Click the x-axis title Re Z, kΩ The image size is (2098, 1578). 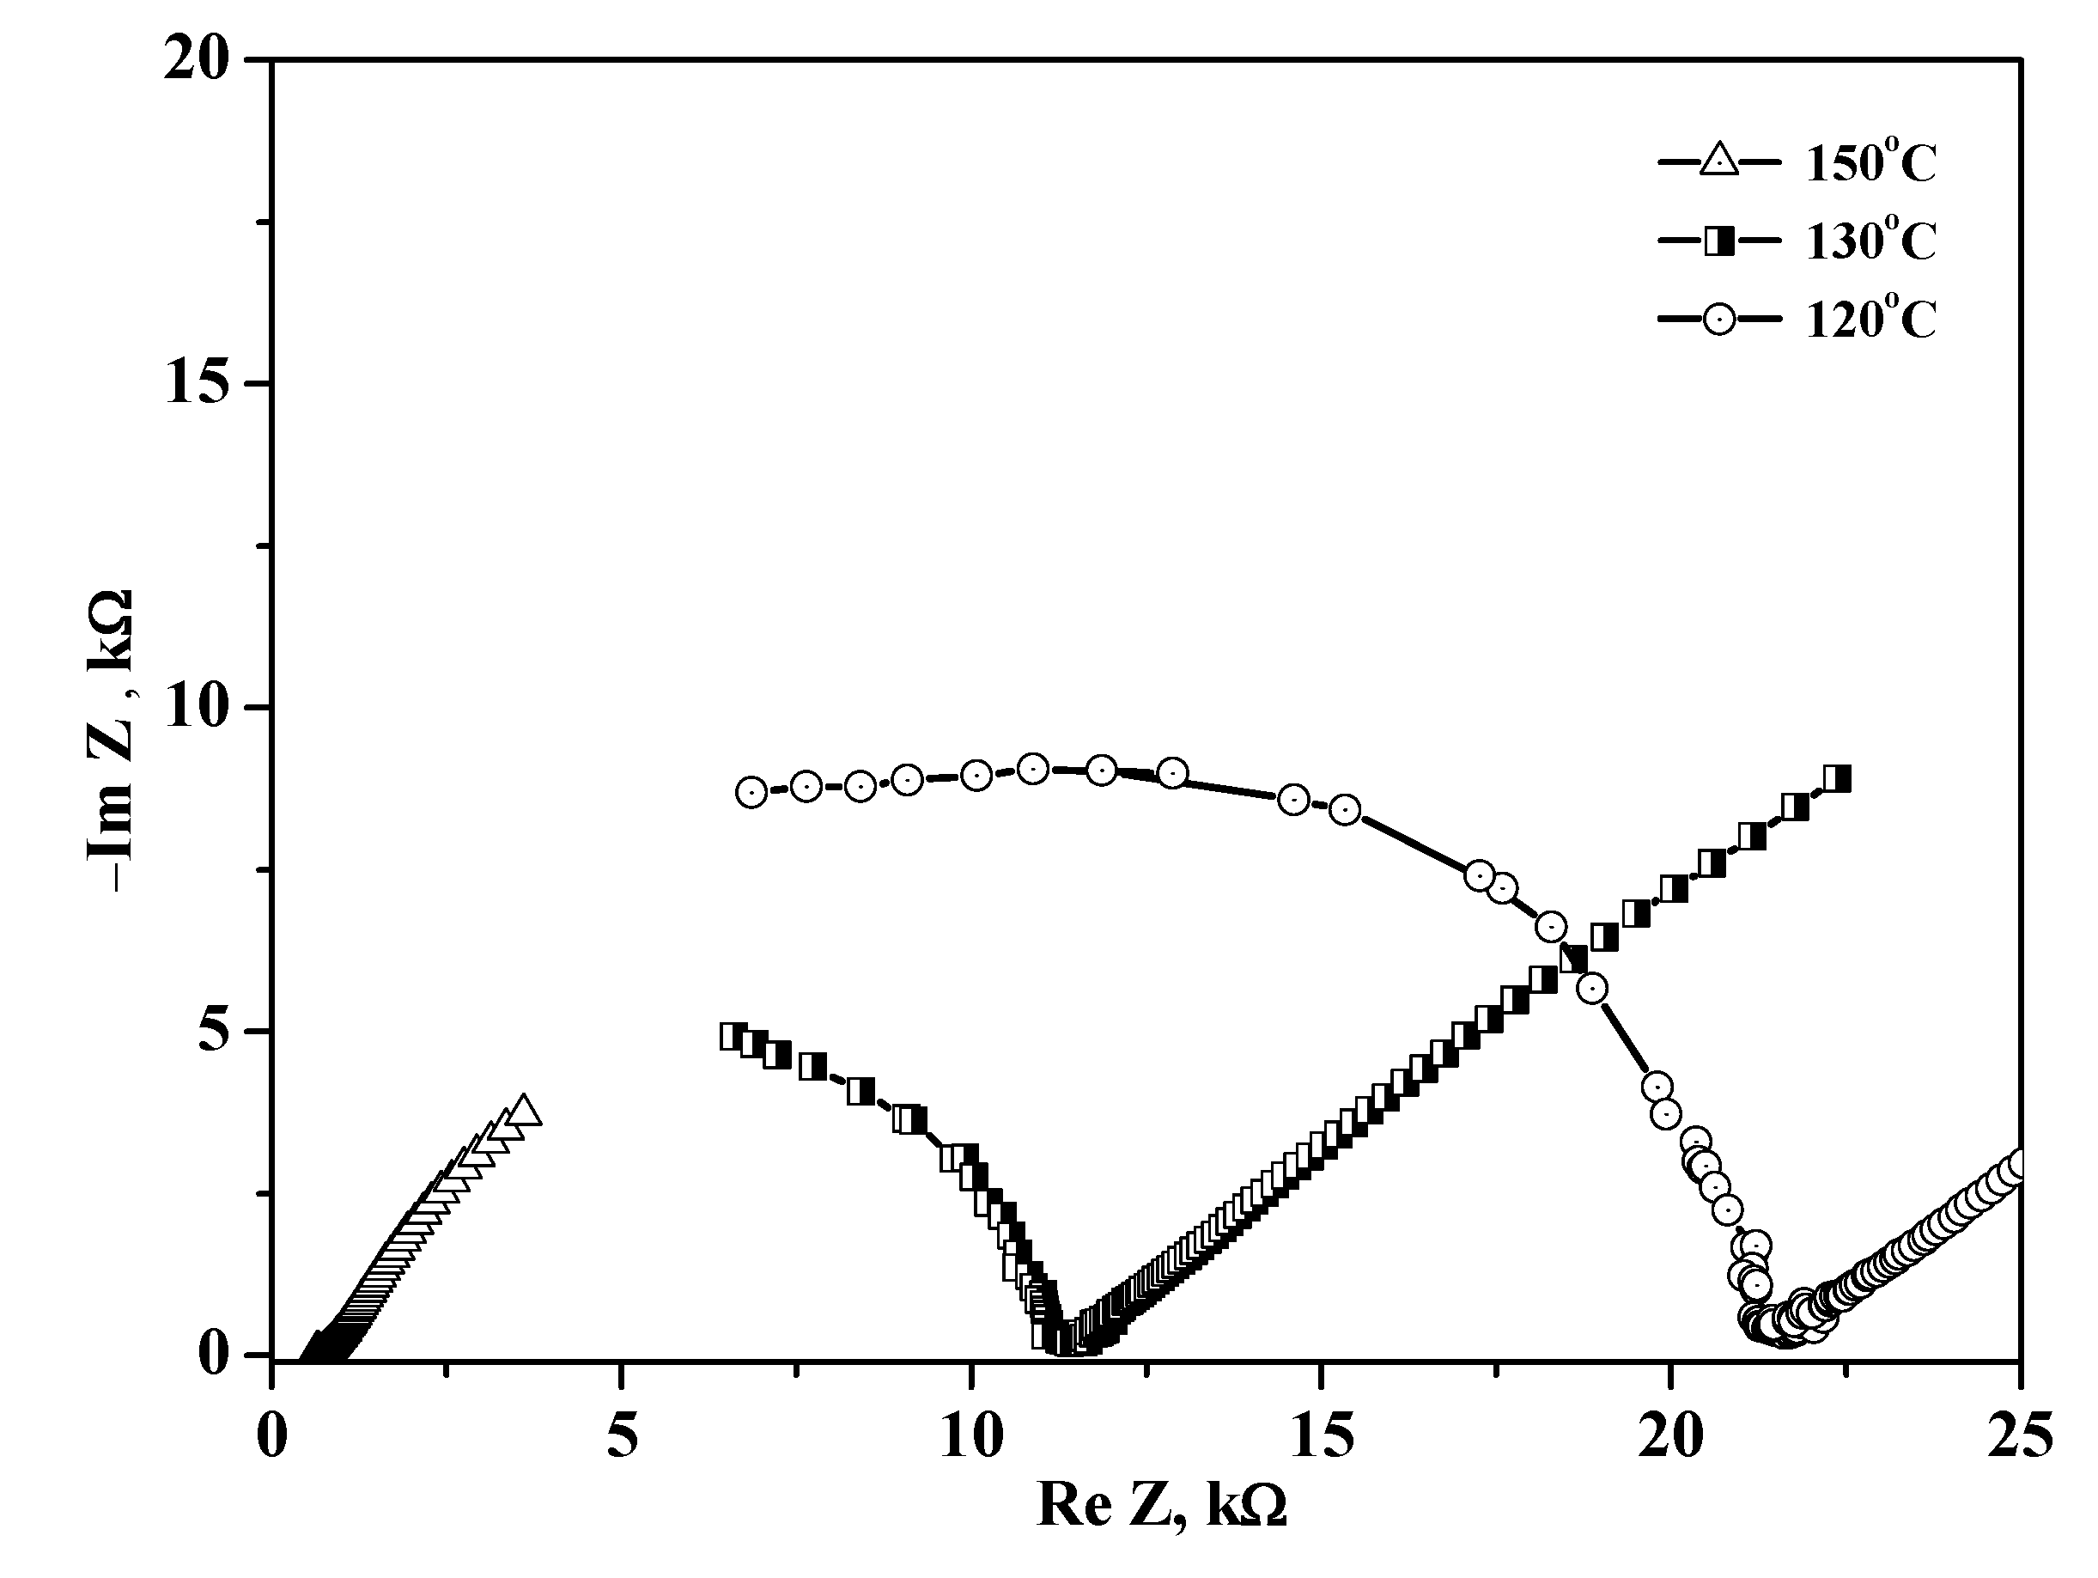click(x=1162, y=1505)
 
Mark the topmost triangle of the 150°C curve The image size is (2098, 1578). click(x=524, y=1109)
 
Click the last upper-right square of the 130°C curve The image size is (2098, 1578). click(x=1837, y=779)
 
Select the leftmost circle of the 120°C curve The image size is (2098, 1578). click(x=751, y=792)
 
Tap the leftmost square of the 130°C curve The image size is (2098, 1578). click(x=733, y=1035)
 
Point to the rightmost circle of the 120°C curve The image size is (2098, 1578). click(x=2019, y=1164)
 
